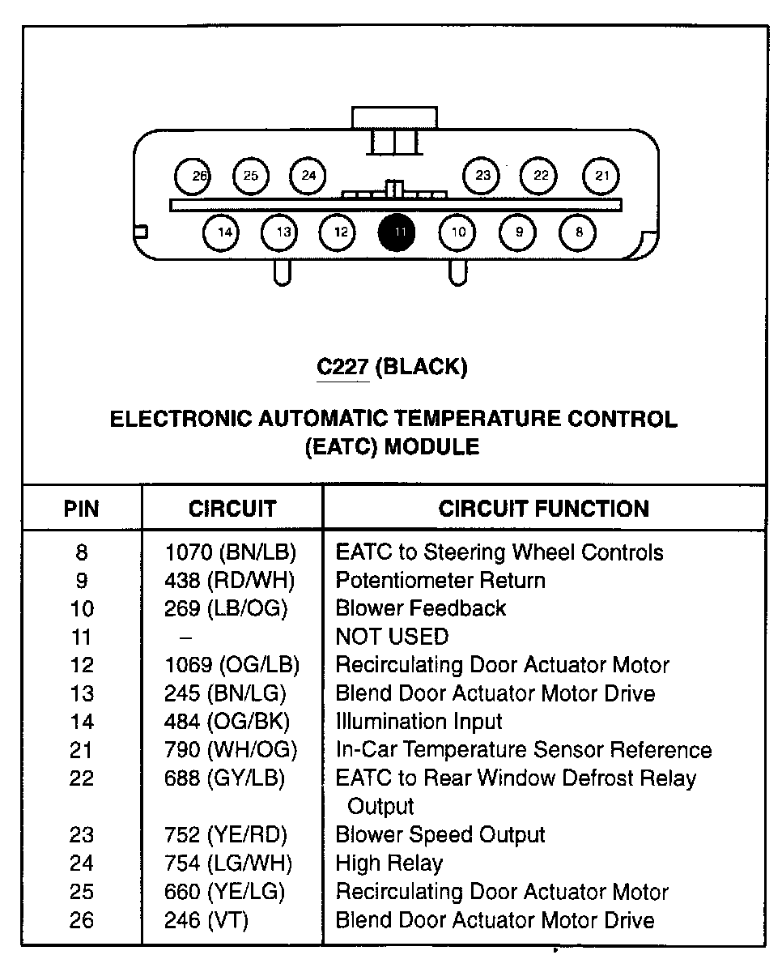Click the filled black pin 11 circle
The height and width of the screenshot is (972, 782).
pos(398,233)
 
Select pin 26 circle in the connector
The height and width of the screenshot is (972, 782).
pos(193,176)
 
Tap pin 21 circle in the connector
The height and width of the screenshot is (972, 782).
pos(601,176)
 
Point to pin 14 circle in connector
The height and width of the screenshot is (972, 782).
pos(223,233)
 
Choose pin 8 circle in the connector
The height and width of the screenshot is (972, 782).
pos(578,233)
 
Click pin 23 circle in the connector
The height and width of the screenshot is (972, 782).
pos(482,176)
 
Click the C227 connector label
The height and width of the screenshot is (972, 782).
pos(343,367)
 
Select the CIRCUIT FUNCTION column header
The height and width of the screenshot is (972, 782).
pos(543,509)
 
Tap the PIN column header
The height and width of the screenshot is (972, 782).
pos(81,509)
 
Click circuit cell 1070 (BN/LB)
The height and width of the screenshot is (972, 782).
pos(231,552)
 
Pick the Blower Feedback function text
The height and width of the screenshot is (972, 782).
pos(420,608)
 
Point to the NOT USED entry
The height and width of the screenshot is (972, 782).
pos(392,637)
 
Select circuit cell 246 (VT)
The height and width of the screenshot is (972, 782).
pos(206,920)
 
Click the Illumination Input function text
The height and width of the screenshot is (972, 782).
pos(419,721)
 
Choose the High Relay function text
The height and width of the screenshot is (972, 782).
pos(389,863)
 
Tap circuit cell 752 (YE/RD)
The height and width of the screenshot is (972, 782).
pos(225,834)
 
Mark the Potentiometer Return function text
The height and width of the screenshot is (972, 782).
pos(440,580)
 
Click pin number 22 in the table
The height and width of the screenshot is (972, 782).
pos(82,778)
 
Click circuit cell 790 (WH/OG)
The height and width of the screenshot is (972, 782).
pos(231,750)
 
